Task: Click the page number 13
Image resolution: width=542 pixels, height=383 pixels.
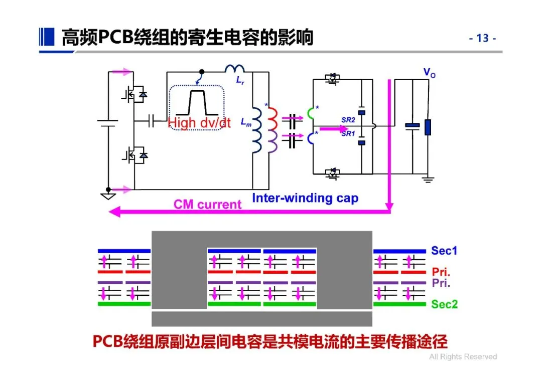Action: tap(483, 38)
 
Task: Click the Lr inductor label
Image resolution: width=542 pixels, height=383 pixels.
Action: tap(240, 81)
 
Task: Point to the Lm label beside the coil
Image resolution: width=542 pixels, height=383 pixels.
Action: tap(246, 122)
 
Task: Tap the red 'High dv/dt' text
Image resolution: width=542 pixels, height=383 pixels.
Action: tap(199, 123)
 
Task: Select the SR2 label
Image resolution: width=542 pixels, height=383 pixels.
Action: tap(348, 120)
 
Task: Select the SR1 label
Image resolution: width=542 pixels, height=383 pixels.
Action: tap(348, 134)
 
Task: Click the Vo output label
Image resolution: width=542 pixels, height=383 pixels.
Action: tap(429, 73)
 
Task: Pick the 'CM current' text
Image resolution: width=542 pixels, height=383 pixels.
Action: tap(207, 205)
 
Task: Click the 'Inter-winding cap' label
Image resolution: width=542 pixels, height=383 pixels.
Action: tap(305, 198)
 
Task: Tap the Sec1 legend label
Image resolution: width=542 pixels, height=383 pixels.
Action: tap(444, 250)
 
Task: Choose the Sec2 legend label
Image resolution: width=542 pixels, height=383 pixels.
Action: tap(444, 304)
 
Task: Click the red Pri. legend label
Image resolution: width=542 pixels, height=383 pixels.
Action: tap(441, 272)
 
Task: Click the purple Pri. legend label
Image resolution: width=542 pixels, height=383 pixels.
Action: tap(441, 283)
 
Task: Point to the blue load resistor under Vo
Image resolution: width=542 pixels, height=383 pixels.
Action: tap(428, 127)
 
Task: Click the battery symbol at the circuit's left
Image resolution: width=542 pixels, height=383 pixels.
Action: tap(108, 123)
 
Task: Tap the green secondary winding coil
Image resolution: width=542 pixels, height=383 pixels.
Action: tap(311, 113)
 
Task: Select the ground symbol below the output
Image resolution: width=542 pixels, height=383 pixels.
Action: tap(428, 179)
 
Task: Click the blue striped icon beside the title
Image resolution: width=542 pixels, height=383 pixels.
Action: tap(47, 37)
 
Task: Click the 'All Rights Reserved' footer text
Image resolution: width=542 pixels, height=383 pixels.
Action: tap(463, 357)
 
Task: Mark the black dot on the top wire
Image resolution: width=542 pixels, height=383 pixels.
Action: tap(202, 72)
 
